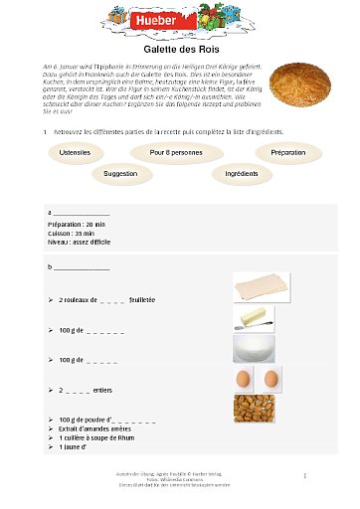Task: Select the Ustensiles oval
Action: (75, 152)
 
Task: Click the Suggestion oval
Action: (120, 173)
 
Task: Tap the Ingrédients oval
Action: (242, 173)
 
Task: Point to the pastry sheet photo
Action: (262, 287)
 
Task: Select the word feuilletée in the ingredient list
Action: (142, 299)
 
